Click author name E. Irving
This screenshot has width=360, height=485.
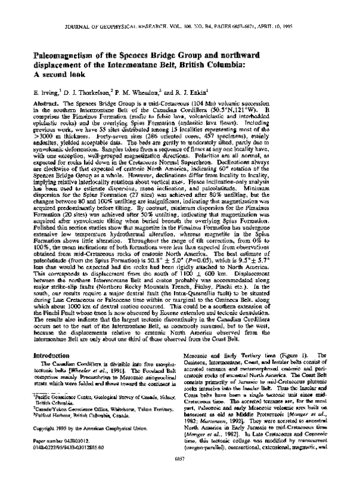[49, 93]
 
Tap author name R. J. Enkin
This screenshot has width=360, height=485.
[205, 93]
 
